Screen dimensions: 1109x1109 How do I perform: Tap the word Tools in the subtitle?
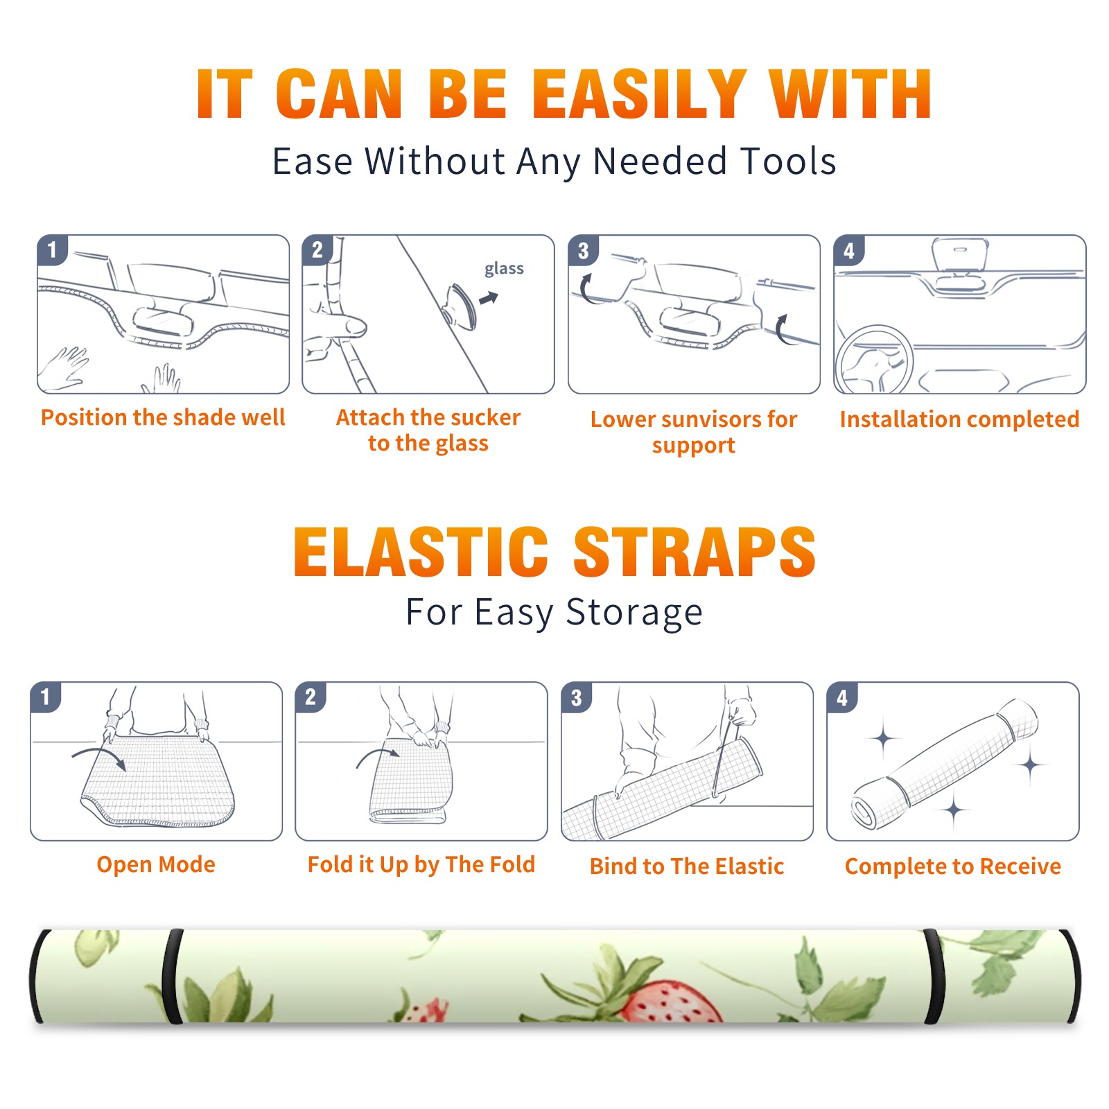(788, 161)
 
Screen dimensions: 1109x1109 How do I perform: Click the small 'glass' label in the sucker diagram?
(504, 268)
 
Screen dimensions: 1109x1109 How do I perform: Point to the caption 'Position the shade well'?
(163, 417)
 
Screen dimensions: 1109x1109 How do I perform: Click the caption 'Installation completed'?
(959, 419)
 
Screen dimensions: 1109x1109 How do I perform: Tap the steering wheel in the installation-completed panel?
(875, 360)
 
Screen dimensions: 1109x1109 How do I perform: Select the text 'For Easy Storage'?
(554, 612)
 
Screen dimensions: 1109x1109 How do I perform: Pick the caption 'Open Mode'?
(156, 864)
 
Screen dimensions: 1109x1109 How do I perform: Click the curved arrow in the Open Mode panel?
(98, 756)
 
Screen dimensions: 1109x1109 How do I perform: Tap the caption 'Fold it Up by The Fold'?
(421, 864)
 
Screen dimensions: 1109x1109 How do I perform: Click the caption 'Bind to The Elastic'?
(687, 866)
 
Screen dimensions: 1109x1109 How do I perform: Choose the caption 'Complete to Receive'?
(953, 866)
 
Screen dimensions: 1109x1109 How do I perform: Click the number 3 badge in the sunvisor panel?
(583, 250)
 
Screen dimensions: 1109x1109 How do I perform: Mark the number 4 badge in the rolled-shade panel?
(842, 697)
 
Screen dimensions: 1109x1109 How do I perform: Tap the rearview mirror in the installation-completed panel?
(960, 255)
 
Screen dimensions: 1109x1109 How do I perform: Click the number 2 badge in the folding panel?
(310, 697)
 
